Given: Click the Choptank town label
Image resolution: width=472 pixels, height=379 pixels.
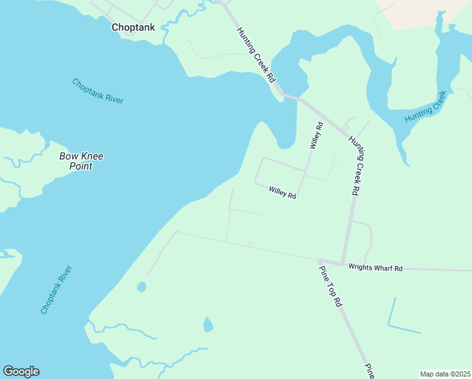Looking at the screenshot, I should [133, 27].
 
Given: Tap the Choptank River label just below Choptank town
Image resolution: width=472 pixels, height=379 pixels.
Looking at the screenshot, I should [98, 91].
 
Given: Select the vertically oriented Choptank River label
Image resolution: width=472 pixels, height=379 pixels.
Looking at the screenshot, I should [57, 290].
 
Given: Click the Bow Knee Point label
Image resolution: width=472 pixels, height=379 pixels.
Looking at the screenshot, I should [81, 161].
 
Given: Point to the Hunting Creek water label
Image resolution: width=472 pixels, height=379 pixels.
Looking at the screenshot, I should [426, 102].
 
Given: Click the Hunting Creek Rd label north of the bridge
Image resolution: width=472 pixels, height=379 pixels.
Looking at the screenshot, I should [256, 56].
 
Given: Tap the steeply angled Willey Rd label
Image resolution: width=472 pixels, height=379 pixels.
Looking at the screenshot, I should [316, 135].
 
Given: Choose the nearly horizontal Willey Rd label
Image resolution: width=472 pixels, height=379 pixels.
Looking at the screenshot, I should [282, 192].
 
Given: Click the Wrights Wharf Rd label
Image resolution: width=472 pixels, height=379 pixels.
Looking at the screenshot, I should [375, 268].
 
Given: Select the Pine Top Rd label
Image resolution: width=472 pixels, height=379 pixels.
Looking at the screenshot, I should [330, 286].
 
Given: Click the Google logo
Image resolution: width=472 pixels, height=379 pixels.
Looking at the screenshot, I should [21, 371].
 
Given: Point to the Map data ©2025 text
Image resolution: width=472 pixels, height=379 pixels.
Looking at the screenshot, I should [445, 374].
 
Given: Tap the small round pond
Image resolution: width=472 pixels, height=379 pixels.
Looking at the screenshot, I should [141, 287].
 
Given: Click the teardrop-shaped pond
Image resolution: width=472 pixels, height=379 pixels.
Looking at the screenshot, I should [208, 325].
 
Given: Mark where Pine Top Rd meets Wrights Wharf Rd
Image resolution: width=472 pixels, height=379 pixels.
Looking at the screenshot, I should [320, 260].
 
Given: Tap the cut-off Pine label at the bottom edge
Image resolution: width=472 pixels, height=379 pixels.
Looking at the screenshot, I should [370, 371].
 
